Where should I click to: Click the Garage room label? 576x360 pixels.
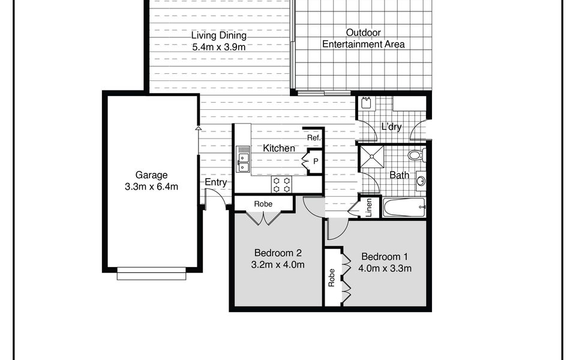151,175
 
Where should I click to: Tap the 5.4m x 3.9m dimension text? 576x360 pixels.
219,47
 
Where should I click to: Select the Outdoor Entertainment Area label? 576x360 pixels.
364,38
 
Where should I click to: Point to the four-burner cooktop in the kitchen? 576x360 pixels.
282,184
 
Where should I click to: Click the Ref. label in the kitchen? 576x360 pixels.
314,138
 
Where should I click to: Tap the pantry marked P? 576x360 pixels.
315,161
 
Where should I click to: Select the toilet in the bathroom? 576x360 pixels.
417,155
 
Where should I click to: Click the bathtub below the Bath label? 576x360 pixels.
404,208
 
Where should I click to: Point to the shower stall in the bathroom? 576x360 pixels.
371,157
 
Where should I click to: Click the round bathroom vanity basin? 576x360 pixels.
421,181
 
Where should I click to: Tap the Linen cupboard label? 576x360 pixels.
369,207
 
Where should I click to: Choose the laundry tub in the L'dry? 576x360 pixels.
366,103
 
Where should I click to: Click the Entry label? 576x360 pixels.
215,182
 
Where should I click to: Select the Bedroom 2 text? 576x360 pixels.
278,253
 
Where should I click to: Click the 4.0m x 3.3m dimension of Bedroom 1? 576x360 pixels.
385,268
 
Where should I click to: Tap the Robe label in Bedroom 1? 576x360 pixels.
332,278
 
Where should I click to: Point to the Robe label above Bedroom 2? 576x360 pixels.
263,204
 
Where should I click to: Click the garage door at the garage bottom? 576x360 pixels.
151,274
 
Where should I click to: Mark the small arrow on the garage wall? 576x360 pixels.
199,128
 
